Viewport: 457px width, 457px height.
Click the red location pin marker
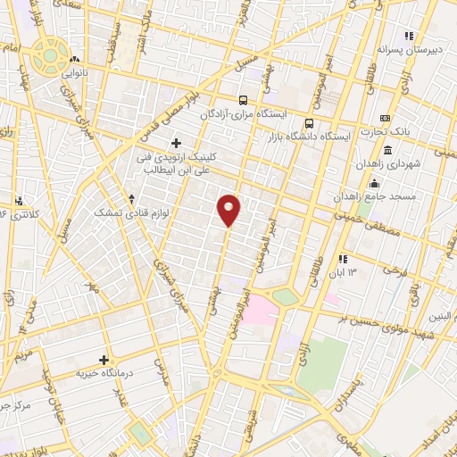229,209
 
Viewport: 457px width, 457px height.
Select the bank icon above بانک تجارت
385,119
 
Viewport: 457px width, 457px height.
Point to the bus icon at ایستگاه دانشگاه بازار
310,123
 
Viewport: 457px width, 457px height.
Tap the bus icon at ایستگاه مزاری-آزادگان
243,100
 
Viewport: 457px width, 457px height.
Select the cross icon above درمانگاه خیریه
104,359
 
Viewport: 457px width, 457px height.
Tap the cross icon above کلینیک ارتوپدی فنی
176,143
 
